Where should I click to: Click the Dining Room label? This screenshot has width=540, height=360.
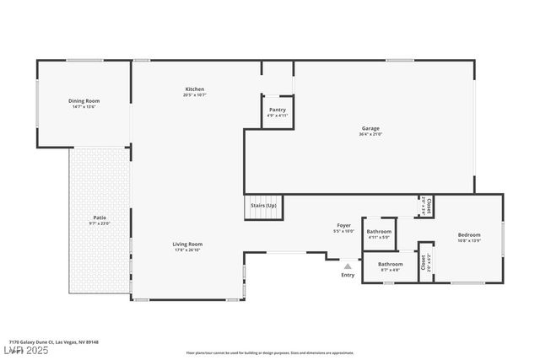(x=84, y=101)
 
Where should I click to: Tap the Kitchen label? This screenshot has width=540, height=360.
(x=195, y=89)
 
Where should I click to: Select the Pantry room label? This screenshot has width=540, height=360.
(x=277, y=110)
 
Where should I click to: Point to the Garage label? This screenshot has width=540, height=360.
(x=370, y=128)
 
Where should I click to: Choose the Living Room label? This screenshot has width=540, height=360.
(x=188, y=244)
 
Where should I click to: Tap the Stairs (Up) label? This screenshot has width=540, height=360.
(x=263, y=206)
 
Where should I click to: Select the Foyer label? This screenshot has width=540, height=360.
(x=343, y=225)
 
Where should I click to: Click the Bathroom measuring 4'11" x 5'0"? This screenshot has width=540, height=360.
(x=379, y=232)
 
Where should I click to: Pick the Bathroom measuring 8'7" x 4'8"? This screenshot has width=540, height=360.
(x=389, y=265)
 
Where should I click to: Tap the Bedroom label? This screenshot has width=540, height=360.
(x=469, y=234)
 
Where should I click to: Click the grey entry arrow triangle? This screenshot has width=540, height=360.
(x=347, y=266)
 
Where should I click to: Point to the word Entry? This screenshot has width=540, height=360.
(x=348, y=275)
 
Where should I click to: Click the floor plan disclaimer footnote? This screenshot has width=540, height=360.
(x=270, y=352)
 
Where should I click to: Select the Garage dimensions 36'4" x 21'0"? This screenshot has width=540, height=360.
(x=370, y=134)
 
